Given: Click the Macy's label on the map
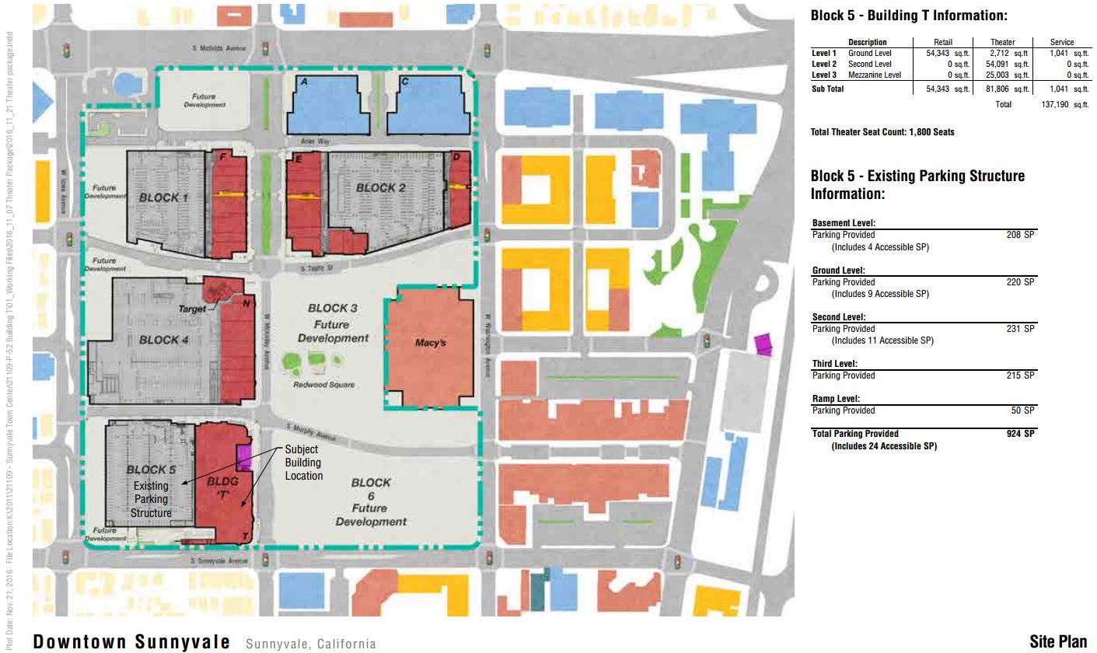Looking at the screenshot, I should coord(430,342).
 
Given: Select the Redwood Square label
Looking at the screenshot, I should coord(324,385).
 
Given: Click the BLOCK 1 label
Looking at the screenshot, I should coord(164,197).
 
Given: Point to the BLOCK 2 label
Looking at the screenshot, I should coord(381,187).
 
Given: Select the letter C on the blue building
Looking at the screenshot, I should coord(405,82).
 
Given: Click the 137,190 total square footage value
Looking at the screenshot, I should coord(1064,104).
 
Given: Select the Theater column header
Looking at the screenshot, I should coord(1002,42).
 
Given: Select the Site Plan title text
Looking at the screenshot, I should coord(1058,641).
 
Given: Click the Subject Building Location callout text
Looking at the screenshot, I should coord(302,463).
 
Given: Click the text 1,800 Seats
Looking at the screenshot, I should coord(932,132).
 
